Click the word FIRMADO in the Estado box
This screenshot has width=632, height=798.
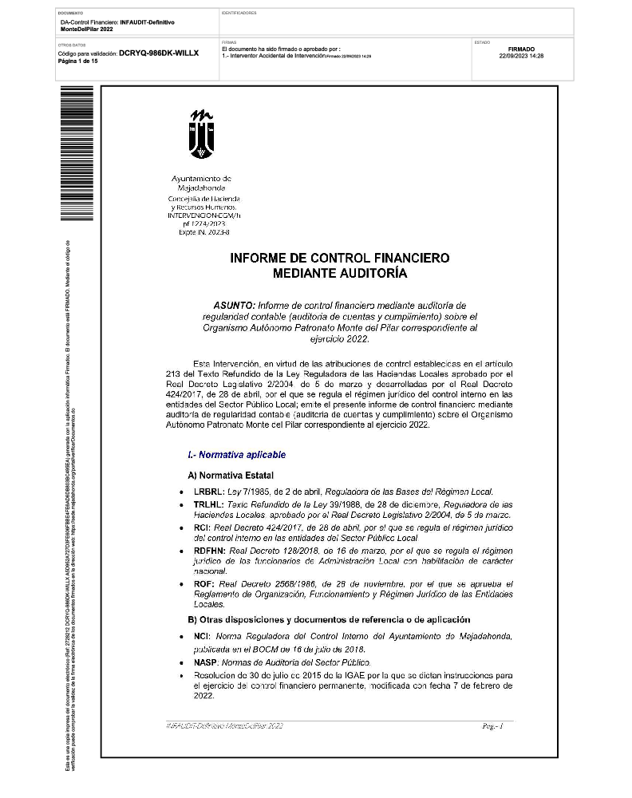tap(521, 49)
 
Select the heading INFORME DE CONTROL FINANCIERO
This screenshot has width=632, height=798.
tap(340, 259)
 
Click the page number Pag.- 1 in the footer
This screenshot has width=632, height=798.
tap(492, 727)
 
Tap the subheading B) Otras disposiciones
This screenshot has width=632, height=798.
tap(329, 619)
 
